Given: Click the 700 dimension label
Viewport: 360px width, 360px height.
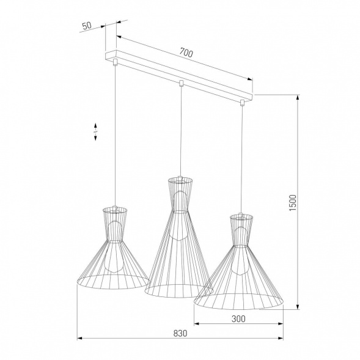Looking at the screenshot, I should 186,54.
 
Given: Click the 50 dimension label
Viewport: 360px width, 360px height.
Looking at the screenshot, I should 86,26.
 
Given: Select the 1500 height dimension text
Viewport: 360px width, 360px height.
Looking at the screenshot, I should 293,202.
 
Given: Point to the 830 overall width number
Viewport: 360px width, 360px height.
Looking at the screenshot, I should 179,334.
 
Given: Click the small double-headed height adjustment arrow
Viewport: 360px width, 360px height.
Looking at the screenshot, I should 95,134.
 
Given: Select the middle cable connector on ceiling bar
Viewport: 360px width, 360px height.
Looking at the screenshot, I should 180,83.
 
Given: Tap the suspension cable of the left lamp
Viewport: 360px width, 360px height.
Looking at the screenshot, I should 116,134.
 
